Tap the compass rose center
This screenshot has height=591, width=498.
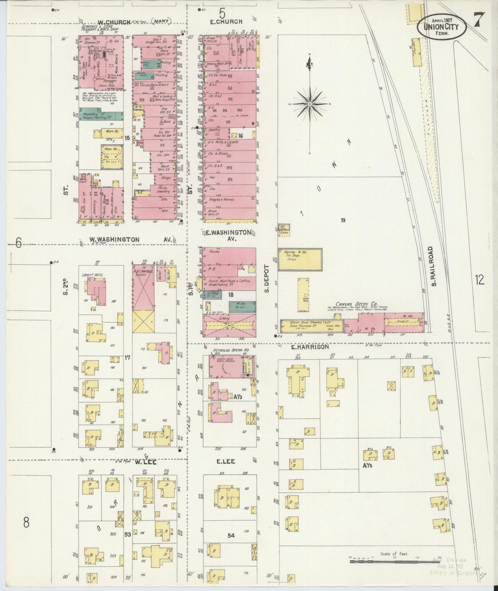[310, 103]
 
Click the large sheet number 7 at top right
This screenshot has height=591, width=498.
[479, 20]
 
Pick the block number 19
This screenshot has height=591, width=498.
[343, 220]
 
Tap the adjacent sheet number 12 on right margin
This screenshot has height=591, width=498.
[479, 280]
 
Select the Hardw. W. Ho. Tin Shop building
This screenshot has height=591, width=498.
[300, 259]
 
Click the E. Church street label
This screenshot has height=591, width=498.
[226, 21]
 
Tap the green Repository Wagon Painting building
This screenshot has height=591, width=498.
[101, 116]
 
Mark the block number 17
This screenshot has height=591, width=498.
[127, 358]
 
